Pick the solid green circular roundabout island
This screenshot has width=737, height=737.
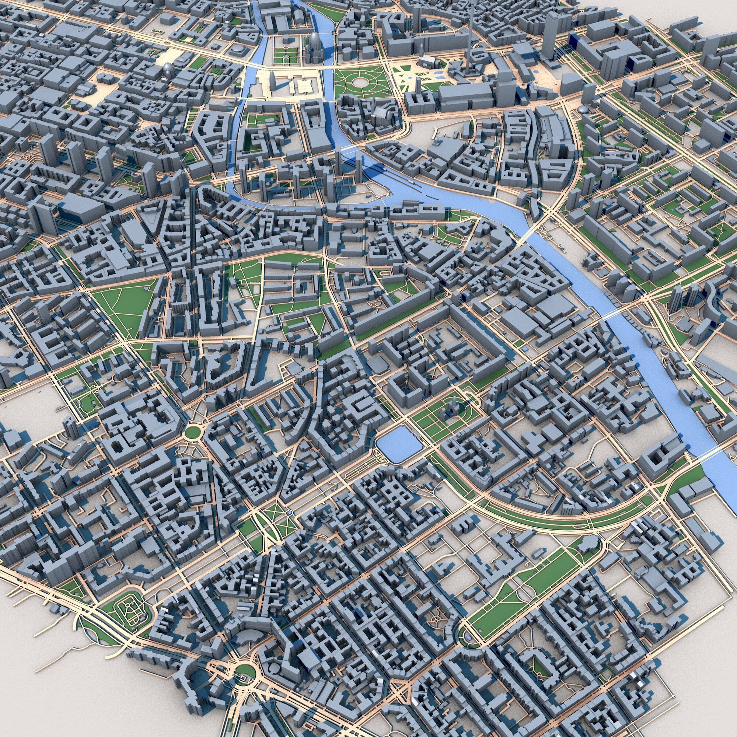(x=192, y=432)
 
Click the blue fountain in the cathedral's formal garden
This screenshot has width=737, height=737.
(x=286, y=57)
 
